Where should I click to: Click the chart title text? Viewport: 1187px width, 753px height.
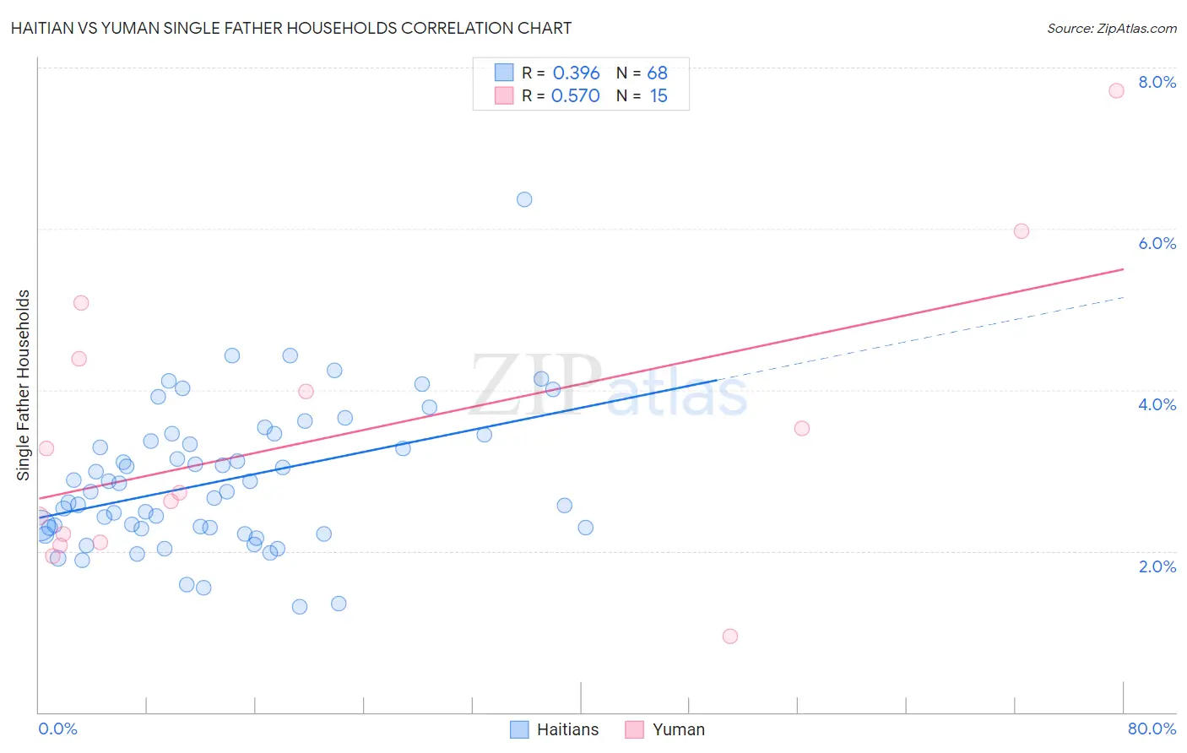[x=291, y=28]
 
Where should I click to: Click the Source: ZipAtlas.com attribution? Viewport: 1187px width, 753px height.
[x=1111, y=28]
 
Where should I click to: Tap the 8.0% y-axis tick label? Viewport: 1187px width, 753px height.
[x=1157, y=82]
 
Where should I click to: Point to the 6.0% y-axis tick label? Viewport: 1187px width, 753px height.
[x=1157, y=243]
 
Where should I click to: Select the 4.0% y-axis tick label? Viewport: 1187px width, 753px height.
[x=1157, y=404]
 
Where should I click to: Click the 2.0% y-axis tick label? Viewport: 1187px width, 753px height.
[x=1157, y=566]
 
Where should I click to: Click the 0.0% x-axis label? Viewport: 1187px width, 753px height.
[x=57, y=729]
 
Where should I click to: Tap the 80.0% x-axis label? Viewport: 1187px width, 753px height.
[x=1152, y=729]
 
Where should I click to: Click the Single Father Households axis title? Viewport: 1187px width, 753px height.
[x=23, y=385]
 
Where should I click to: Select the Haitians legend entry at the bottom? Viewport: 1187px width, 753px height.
[x=555, y=729]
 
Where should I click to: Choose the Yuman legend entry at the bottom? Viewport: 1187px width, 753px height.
[x=665, y=729]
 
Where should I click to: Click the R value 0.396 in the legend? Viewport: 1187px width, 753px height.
[x=576, y=73]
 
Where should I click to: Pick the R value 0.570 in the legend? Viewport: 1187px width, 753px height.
[x=575, y=96]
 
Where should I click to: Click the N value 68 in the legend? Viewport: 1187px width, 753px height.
[x=657, y=73]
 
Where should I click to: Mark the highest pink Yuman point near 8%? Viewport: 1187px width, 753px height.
[x=1116, y=90]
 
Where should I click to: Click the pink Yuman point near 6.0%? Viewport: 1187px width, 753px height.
[x=1021, y=231]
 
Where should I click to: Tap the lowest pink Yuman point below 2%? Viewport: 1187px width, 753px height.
[x=730, y=637]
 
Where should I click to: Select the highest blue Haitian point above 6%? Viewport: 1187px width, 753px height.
[x=524, y=200]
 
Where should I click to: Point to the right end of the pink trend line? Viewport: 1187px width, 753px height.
[x=1123, y=269]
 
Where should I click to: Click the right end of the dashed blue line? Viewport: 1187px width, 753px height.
[x=1123, y=297]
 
